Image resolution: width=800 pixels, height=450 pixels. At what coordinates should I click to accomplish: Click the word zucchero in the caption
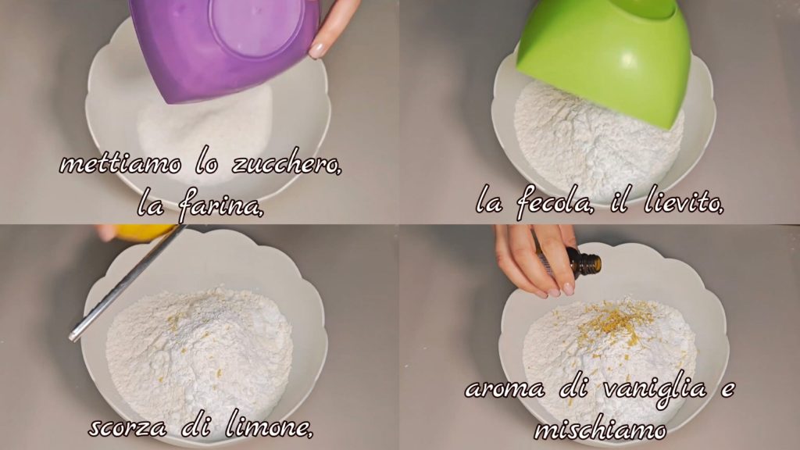click(287, 165)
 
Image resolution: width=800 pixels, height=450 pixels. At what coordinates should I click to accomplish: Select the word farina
click(221, 205)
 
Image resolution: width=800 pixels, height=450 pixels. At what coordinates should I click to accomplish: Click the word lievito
click(684, 202)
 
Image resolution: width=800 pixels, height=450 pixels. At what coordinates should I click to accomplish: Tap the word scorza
click(127, 427)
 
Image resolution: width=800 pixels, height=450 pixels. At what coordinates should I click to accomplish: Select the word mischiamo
click(600, 429)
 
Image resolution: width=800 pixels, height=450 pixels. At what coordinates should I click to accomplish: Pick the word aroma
click(505, 390)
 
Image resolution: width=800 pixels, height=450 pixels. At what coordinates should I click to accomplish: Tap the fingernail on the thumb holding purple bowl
click(317, 50)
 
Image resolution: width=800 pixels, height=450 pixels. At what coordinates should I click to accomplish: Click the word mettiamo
click(120, 164)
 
